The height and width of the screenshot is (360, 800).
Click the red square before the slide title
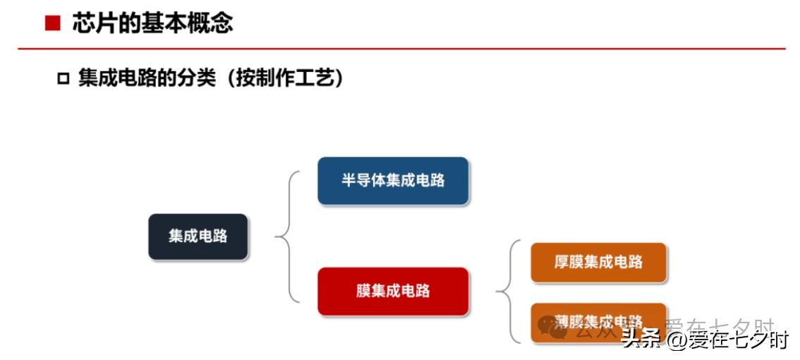51,24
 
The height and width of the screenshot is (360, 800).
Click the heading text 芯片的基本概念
152,23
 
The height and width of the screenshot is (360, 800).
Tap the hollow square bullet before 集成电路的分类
63,78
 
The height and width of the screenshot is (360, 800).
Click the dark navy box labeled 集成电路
198,236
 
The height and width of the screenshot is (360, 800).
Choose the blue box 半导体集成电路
393,181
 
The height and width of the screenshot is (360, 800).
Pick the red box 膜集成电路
393,291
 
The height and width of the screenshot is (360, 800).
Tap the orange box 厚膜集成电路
598,263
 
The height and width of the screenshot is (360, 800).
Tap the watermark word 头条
641,340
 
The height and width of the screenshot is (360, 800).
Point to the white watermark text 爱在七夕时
739,340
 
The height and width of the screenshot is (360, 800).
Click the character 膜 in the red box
364,291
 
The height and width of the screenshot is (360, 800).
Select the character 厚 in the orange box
562,263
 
